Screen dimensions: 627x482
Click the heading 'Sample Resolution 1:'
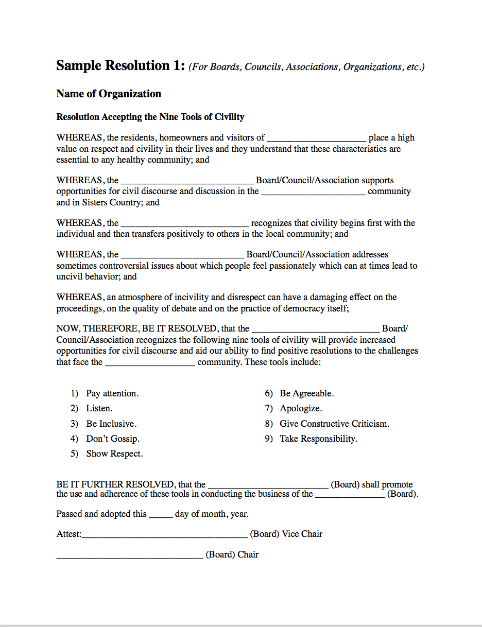[x=120, y=66]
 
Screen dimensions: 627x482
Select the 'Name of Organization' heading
[x=109, y=94]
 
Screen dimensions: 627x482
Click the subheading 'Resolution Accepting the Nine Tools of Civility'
[x=150, y=117]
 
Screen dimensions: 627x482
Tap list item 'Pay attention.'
[x=112, y=393]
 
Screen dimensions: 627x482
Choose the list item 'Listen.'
[x=99, y=408]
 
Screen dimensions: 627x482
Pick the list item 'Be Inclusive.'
[x=111, y=424]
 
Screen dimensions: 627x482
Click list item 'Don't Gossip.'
[x=113, y=439]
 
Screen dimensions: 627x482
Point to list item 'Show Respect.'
[x=114, y=454]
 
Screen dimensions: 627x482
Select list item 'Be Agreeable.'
[x=306, y=393]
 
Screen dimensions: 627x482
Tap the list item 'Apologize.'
[x=301, y=408]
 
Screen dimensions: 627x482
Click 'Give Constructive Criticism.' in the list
[x=334, y=424]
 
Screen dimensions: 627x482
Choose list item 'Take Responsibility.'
[x=318, y=439]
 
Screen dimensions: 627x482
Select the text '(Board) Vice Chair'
[x=286, y=534]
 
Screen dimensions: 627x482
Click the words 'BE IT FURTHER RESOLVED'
[x=115, y=484]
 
